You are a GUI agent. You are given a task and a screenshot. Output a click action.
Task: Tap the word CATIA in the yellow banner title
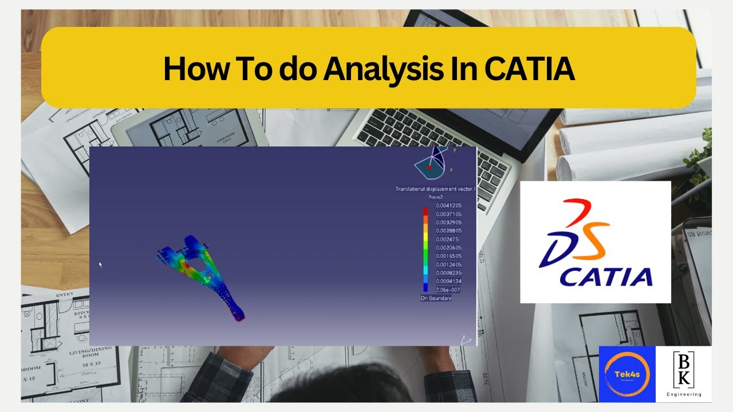pos(530,69)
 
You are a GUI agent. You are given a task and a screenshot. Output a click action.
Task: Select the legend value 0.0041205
pos(448,205)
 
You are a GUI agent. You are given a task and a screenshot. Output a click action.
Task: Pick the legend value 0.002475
pos(447,239)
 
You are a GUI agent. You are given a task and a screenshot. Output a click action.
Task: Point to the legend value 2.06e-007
pos(448,290)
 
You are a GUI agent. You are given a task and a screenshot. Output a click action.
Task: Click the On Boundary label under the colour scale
pos(436,299)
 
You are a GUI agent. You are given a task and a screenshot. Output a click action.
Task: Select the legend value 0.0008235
pos(448,273)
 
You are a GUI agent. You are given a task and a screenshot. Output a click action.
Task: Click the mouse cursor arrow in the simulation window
pos(100,264)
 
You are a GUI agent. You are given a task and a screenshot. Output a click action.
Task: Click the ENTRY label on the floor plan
pos(65,295)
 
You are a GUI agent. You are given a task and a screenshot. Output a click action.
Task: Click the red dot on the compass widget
pos(429,167)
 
